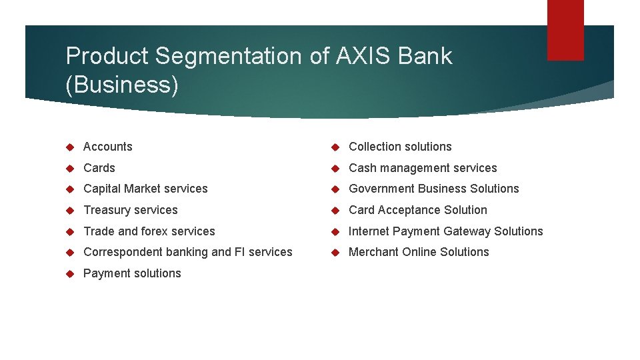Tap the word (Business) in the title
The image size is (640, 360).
[x=122, y=85]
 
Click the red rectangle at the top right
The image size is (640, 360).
[x=565, y=29]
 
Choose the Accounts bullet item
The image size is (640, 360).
[x=107, y=147]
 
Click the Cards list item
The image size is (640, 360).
[x=99, y=168]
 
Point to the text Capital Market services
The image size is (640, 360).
[x=145, y=189]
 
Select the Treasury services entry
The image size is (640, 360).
[x=130, y=210]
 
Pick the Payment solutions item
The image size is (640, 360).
[x=132, y=273]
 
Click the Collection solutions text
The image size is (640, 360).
[x=400, y=147]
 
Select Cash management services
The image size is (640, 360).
[x=423, y=168]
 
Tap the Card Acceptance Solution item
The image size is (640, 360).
[x=418, y=210]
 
